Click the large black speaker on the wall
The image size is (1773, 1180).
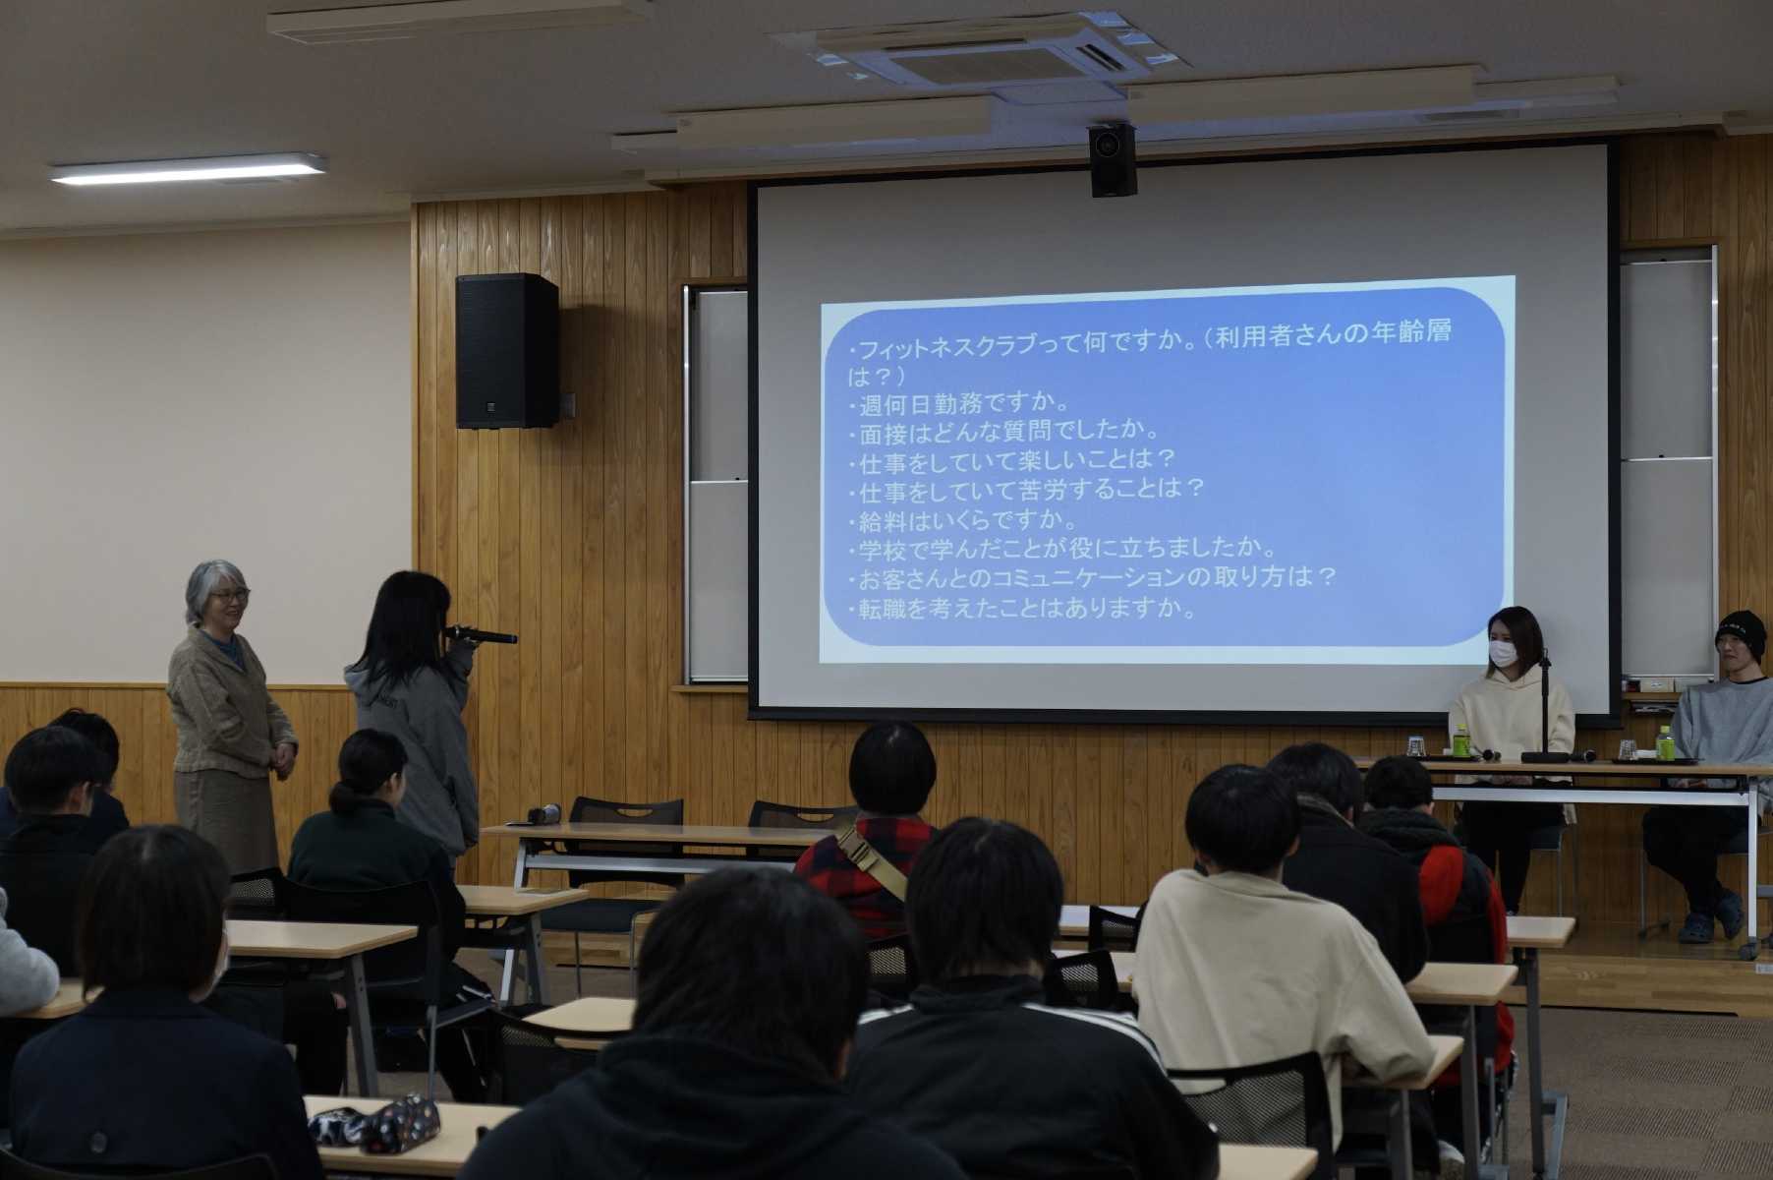click(506, 350)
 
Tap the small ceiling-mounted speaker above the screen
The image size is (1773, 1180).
click(1113, 159)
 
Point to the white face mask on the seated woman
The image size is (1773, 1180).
click(1504, 652)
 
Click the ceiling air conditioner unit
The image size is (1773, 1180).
click(983, 51)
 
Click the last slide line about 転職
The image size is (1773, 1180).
click(1023, 608)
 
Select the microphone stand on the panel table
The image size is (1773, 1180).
click(1546, 707)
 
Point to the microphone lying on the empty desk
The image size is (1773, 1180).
click(543, 814)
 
